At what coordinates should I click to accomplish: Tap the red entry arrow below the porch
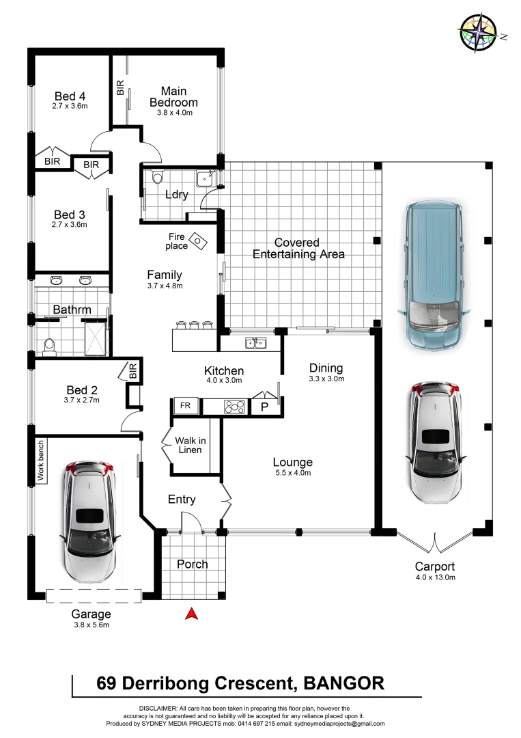[193, 614]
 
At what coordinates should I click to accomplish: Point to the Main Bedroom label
[173, 96]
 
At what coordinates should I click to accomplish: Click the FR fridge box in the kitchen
[185, 406]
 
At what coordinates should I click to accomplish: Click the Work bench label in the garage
[41, 462]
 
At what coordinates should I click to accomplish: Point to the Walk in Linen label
[188, 446]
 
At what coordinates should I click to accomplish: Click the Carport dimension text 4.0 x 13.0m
[434, 577]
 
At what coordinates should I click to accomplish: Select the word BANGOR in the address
[343, 683]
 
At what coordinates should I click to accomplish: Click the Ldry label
[176, 195]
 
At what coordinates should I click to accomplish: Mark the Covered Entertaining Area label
[298, 248]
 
